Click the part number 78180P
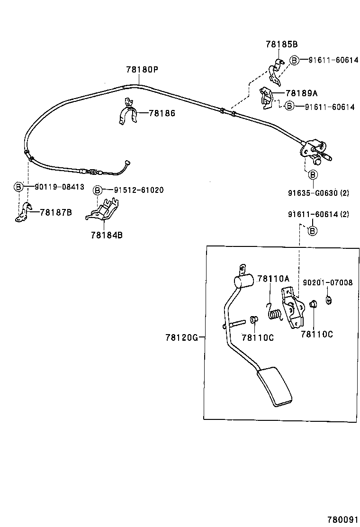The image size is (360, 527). [x=142, y=70]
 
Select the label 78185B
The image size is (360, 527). [x=281, y=45]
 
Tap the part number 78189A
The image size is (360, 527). [x=302, y=93]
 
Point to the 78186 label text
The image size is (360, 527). [x=162, y=113]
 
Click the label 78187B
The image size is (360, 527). [x=55, y=212]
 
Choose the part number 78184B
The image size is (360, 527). [x=107, y=234]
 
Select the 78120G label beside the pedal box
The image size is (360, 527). [x=181, y=337]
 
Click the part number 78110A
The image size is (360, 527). [x=273, y=279]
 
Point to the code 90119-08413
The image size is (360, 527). [x=59, y=187]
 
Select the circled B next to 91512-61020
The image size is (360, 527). [x=98, y=190]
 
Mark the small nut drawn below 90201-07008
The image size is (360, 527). [x=328, y=299]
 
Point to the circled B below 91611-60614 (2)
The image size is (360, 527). [x=312, y=231]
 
